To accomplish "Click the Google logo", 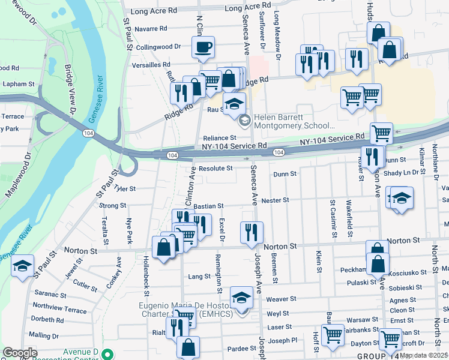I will pyautogui.click(x=20, y=352).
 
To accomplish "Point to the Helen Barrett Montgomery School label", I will pyautogui.click(x=294, y=121).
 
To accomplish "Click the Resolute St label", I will pyautogui.click(x=215, y=169).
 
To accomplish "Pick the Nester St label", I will pyautogui.click(x=277, y=200).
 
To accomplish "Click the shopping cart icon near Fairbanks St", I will pyautogui.click(x=332, y=335).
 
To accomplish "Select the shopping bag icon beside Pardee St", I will pyautogui.click(x=188, y=347).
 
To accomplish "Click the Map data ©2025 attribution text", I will pyautogui.click(x=424, y=355).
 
